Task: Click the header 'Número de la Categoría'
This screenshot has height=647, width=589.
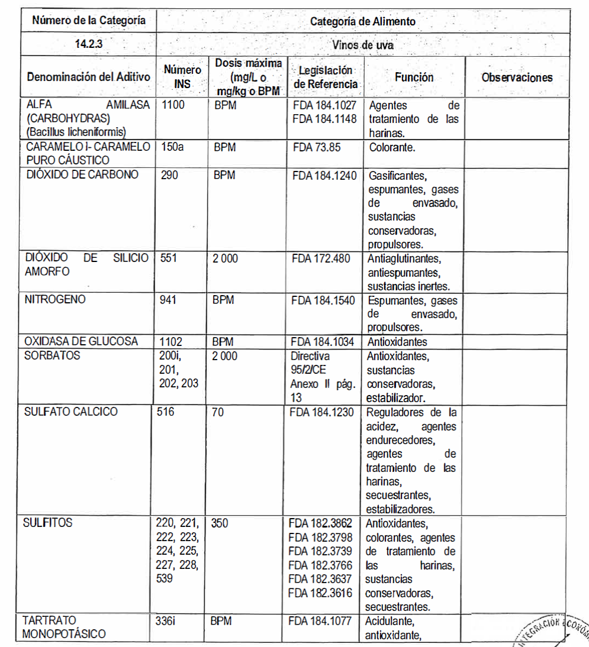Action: (89, 21)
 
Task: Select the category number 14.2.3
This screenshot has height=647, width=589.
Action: (89, 44)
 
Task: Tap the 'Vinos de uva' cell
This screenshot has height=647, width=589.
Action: (363, 44)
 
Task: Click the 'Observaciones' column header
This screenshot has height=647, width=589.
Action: (517, 77)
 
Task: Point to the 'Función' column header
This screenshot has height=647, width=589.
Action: (414, 77)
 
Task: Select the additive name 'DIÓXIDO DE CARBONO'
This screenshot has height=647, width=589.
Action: (82, 174)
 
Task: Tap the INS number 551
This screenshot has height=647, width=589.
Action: (169, 258)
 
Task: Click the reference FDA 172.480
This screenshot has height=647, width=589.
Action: (321, 258)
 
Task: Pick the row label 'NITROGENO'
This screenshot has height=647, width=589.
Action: (55, 300)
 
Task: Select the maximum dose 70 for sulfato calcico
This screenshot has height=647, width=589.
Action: (218, 412)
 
